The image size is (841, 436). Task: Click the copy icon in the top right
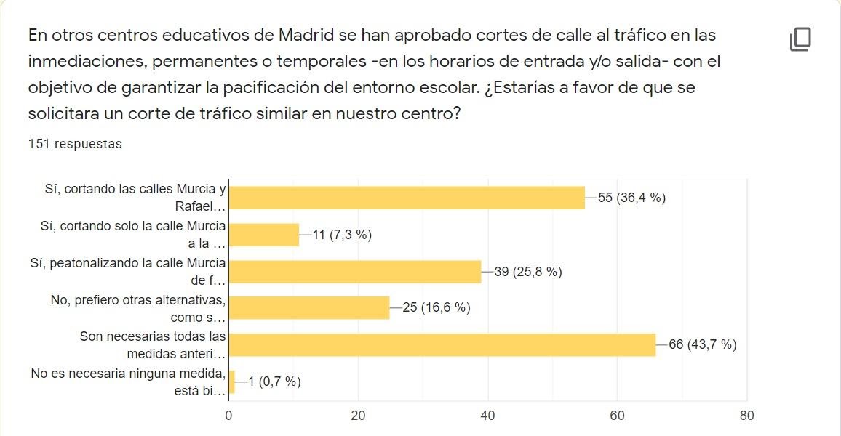point(800,39)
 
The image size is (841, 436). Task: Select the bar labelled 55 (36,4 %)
point(407,198)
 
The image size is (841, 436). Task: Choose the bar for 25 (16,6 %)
point(309,308)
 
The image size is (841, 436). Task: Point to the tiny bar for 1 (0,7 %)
point(231,381)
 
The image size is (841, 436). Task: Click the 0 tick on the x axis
point(228,416)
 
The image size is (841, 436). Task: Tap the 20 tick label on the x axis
point(358,416)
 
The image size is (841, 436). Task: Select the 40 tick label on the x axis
point(487,416)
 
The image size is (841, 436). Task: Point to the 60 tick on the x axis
point(617,416)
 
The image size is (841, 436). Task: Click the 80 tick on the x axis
point(746,416)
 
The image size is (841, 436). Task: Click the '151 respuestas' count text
point(75,144)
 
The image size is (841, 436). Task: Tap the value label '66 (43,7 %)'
point(702,344)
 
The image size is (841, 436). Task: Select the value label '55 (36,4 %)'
point(631,198)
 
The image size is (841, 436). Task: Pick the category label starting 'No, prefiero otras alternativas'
point(138,308)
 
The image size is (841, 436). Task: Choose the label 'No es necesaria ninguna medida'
point(128,381)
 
